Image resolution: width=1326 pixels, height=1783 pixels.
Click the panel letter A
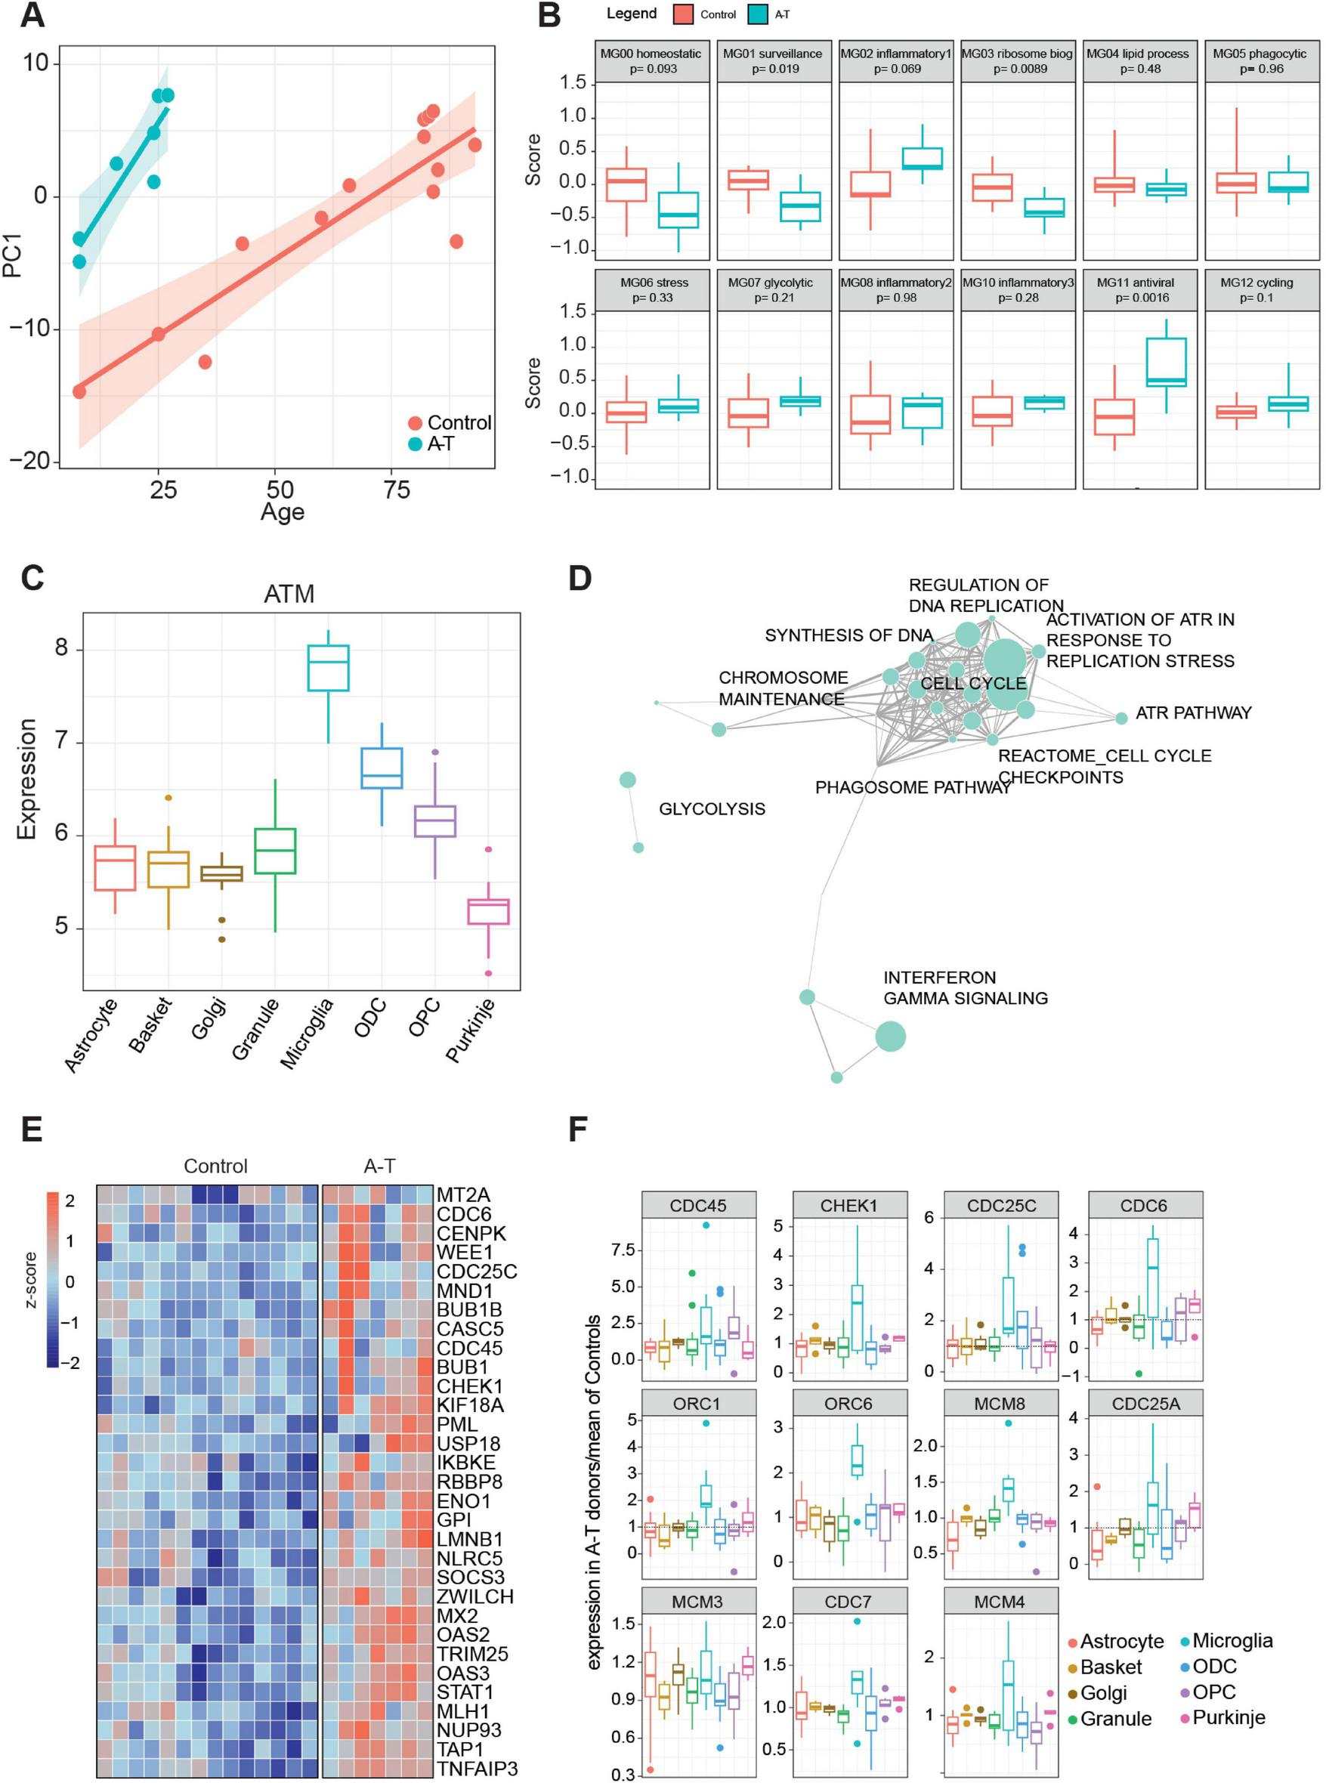(31, 15)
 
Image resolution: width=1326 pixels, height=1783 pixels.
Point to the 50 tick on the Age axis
(280, 489)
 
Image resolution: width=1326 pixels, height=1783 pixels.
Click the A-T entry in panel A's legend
(439, 443)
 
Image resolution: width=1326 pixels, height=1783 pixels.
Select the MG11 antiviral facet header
(1135, 289)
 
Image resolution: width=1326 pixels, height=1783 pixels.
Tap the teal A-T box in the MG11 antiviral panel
(1167, 362)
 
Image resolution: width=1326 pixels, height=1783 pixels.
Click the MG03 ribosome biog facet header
(1017, 61)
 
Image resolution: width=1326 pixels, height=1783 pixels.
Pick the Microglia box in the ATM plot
(329, 667)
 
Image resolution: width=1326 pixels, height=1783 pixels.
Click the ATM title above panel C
(289, 594)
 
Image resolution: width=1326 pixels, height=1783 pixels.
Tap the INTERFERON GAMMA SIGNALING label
(965, 987)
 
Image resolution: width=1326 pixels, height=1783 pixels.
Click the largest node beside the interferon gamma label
(890, 1036)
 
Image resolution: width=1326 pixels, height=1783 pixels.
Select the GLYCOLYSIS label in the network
(712, 809)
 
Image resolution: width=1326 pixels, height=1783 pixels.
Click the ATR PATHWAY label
(1193, 712)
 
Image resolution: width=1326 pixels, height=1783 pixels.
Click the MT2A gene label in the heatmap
(463, 1194)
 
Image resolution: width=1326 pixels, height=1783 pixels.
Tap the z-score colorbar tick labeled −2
(70, 1362)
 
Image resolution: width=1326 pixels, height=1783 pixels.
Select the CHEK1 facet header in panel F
(848, 1205)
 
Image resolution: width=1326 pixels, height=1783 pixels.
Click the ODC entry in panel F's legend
(1213, 1667)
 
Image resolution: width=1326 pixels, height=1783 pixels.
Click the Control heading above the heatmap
(215, 1166)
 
